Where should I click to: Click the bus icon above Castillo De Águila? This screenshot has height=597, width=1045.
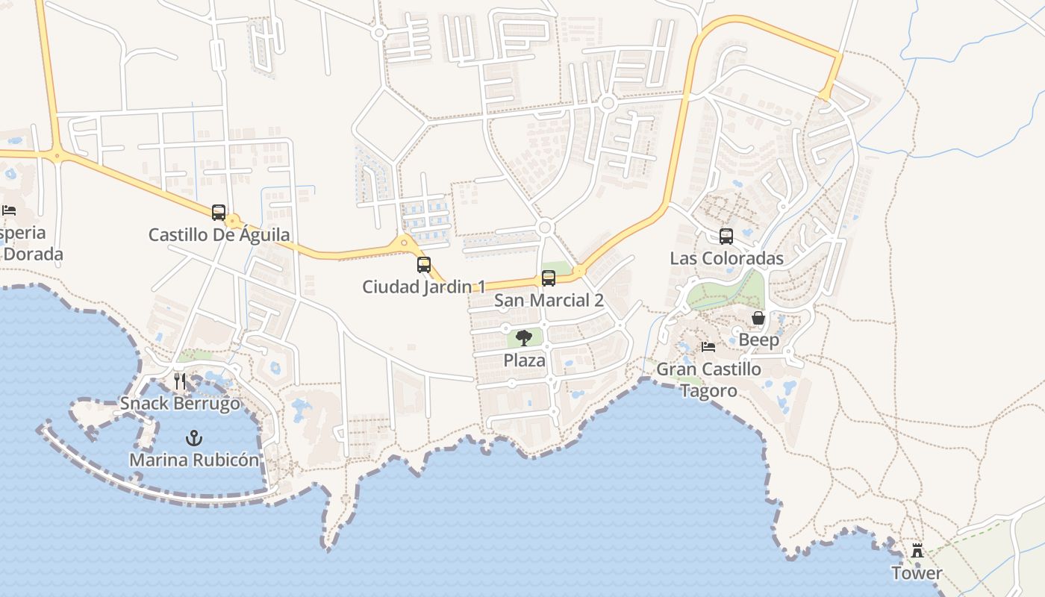coord(218,213)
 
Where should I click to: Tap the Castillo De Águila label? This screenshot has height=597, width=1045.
coord(219,235)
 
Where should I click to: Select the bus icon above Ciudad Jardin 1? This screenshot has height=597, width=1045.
coord(424,264)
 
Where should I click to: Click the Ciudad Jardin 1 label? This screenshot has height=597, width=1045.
coord(424,287)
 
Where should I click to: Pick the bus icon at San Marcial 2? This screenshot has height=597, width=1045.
coord(549,278)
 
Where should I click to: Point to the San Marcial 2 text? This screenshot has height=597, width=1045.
coord(549,301)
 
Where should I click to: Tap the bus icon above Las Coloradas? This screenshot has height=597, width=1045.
coord(726,237)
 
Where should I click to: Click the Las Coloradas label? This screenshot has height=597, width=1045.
coord(726,258)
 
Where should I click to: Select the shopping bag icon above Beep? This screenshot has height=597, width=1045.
coord(758,318)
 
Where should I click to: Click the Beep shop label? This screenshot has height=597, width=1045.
coord(758,340)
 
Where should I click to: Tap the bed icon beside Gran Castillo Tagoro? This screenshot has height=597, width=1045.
coord(708,347)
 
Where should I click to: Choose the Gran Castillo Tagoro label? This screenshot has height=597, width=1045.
coord(708,379)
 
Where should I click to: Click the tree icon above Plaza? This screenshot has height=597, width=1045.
coord(524,338)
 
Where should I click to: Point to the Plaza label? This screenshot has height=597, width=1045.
coord(524,360)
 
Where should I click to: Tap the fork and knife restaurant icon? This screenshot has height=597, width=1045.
coord(180,381)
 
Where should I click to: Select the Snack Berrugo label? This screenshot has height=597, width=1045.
coord(181,404)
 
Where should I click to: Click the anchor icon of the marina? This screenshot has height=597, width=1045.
coord(194,437)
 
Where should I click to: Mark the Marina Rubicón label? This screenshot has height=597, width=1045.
coord(194,460)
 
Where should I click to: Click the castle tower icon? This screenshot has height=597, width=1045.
coord(917,551)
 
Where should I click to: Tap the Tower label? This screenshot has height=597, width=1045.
coord(917,573)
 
